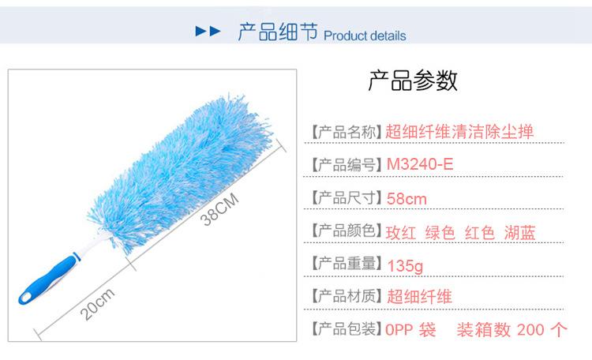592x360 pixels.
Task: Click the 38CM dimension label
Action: [219, 209]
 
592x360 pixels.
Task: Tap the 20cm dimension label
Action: [97, 304]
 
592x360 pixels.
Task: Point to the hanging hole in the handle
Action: [26, 297]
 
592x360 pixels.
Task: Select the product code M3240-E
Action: [420, 164]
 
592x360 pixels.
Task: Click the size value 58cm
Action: [407, 199]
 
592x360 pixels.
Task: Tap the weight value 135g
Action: [405, 265]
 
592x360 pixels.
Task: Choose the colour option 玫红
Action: [400, 233]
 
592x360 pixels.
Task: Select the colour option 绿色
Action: [440, 233]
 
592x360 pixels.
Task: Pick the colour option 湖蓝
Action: [520, 233]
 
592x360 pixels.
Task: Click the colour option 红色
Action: [480, 233]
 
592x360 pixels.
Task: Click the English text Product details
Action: [365, 36]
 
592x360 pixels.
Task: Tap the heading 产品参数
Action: [413, 81]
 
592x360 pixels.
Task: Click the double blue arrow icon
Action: [208, 31]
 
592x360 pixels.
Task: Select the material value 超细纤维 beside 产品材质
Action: [419, 297]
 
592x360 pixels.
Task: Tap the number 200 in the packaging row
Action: [530, 330]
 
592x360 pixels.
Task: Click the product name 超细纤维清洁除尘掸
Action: [459, 132]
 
